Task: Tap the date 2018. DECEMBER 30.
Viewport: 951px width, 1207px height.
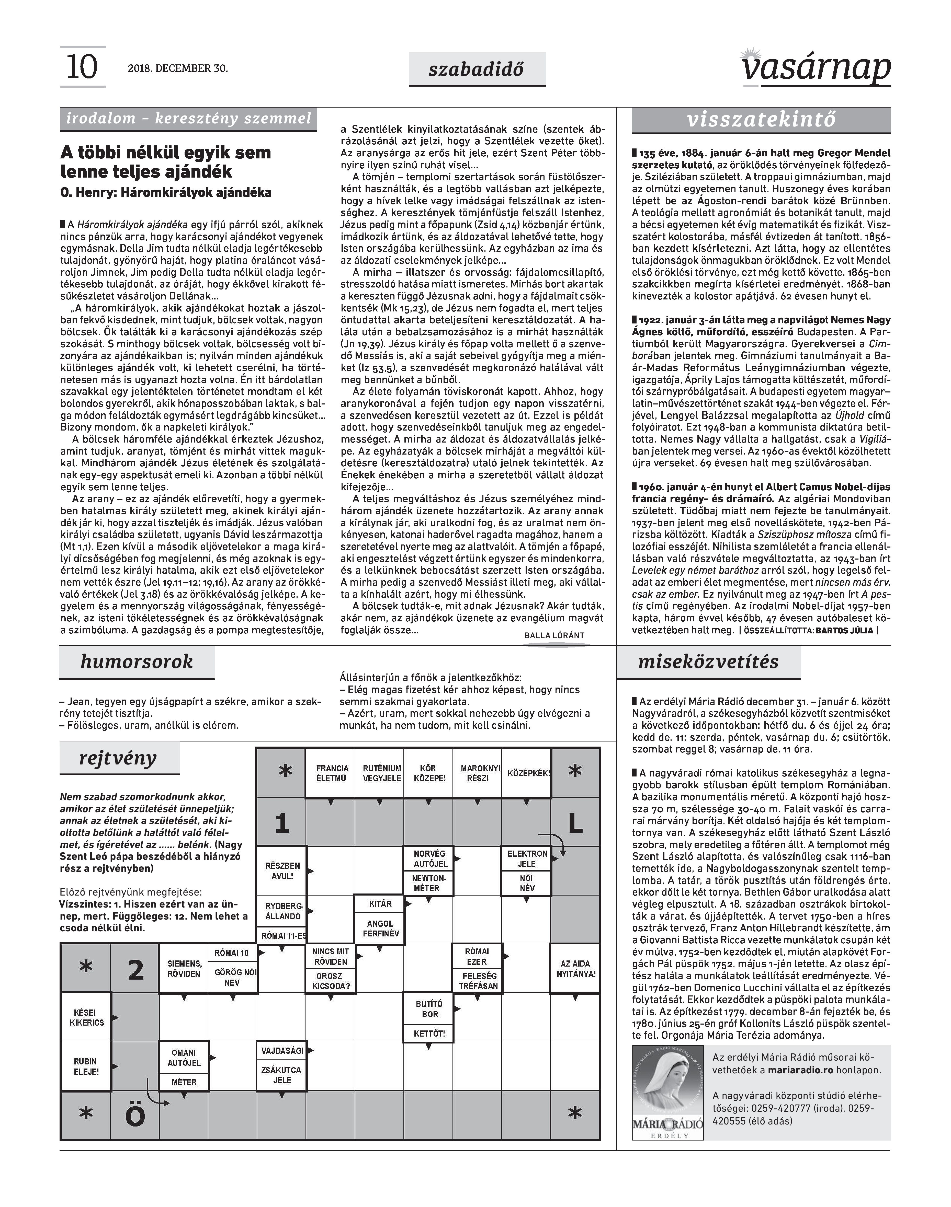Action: [178, 68]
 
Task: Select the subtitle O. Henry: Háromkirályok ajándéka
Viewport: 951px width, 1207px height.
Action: [166, 193]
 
